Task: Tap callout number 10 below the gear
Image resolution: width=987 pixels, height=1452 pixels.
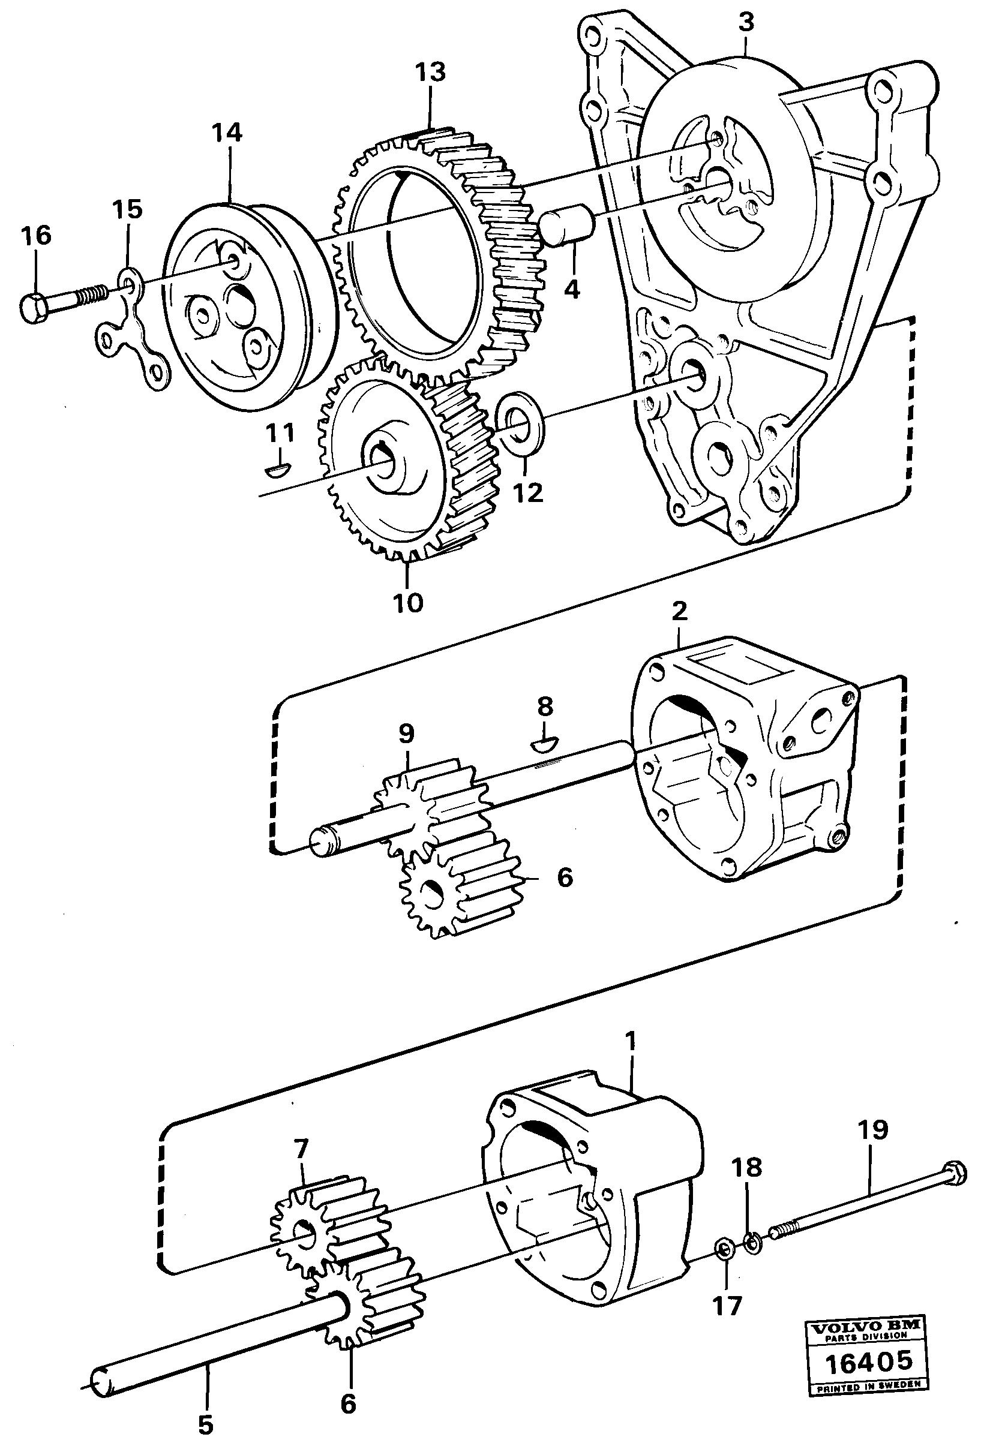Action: [408, 603]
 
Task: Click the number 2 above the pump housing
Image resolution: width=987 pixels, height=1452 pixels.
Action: [679, 611]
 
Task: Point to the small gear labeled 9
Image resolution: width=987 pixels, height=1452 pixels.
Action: [406, 806]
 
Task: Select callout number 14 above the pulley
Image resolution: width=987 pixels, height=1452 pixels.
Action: [226, 132]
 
